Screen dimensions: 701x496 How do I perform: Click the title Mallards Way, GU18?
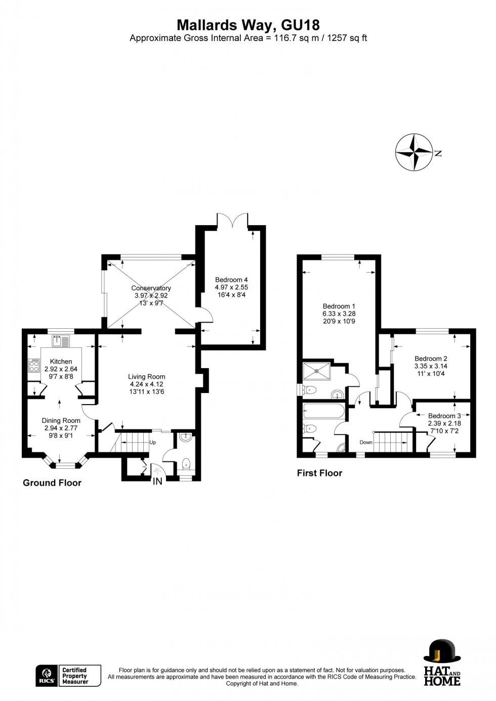tap(248, 25)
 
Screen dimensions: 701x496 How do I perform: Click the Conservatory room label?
tap(151, 288)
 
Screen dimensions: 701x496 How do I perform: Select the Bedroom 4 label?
tap(231, 280)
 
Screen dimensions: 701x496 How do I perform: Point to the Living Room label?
tap(146, 376)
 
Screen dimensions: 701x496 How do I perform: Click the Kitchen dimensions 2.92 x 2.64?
tap(61, 369)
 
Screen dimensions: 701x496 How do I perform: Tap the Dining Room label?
tap(61, 420)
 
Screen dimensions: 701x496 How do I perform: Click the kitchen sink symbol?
tap(60, 341)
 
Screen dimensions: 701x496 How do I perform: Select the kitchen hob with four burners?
tap(34, 366)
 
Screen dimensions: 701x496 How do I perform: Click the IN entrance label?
tap(158, 481)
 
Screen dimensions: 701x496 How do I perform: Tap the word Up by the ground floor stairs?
tap(152, 443)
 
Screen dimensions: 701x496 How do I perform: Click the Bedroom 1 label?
tap(339, 306)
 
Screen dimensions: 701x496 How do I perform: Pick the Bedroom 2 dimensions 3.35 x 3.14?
tap(431, 366)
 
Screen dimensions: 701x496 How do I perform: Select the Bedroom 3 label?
tap(444, 416)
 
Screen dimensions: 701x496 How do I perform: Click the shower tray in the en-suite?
tap(317, 371)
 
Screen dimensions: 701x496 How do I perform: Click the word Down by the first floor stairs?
tap(366, 443)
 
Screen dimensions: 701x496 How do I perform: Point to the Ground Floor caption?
tap(52, 483)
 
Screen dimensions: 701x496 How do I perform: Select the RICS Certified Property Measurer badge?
tap(68, 676)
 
